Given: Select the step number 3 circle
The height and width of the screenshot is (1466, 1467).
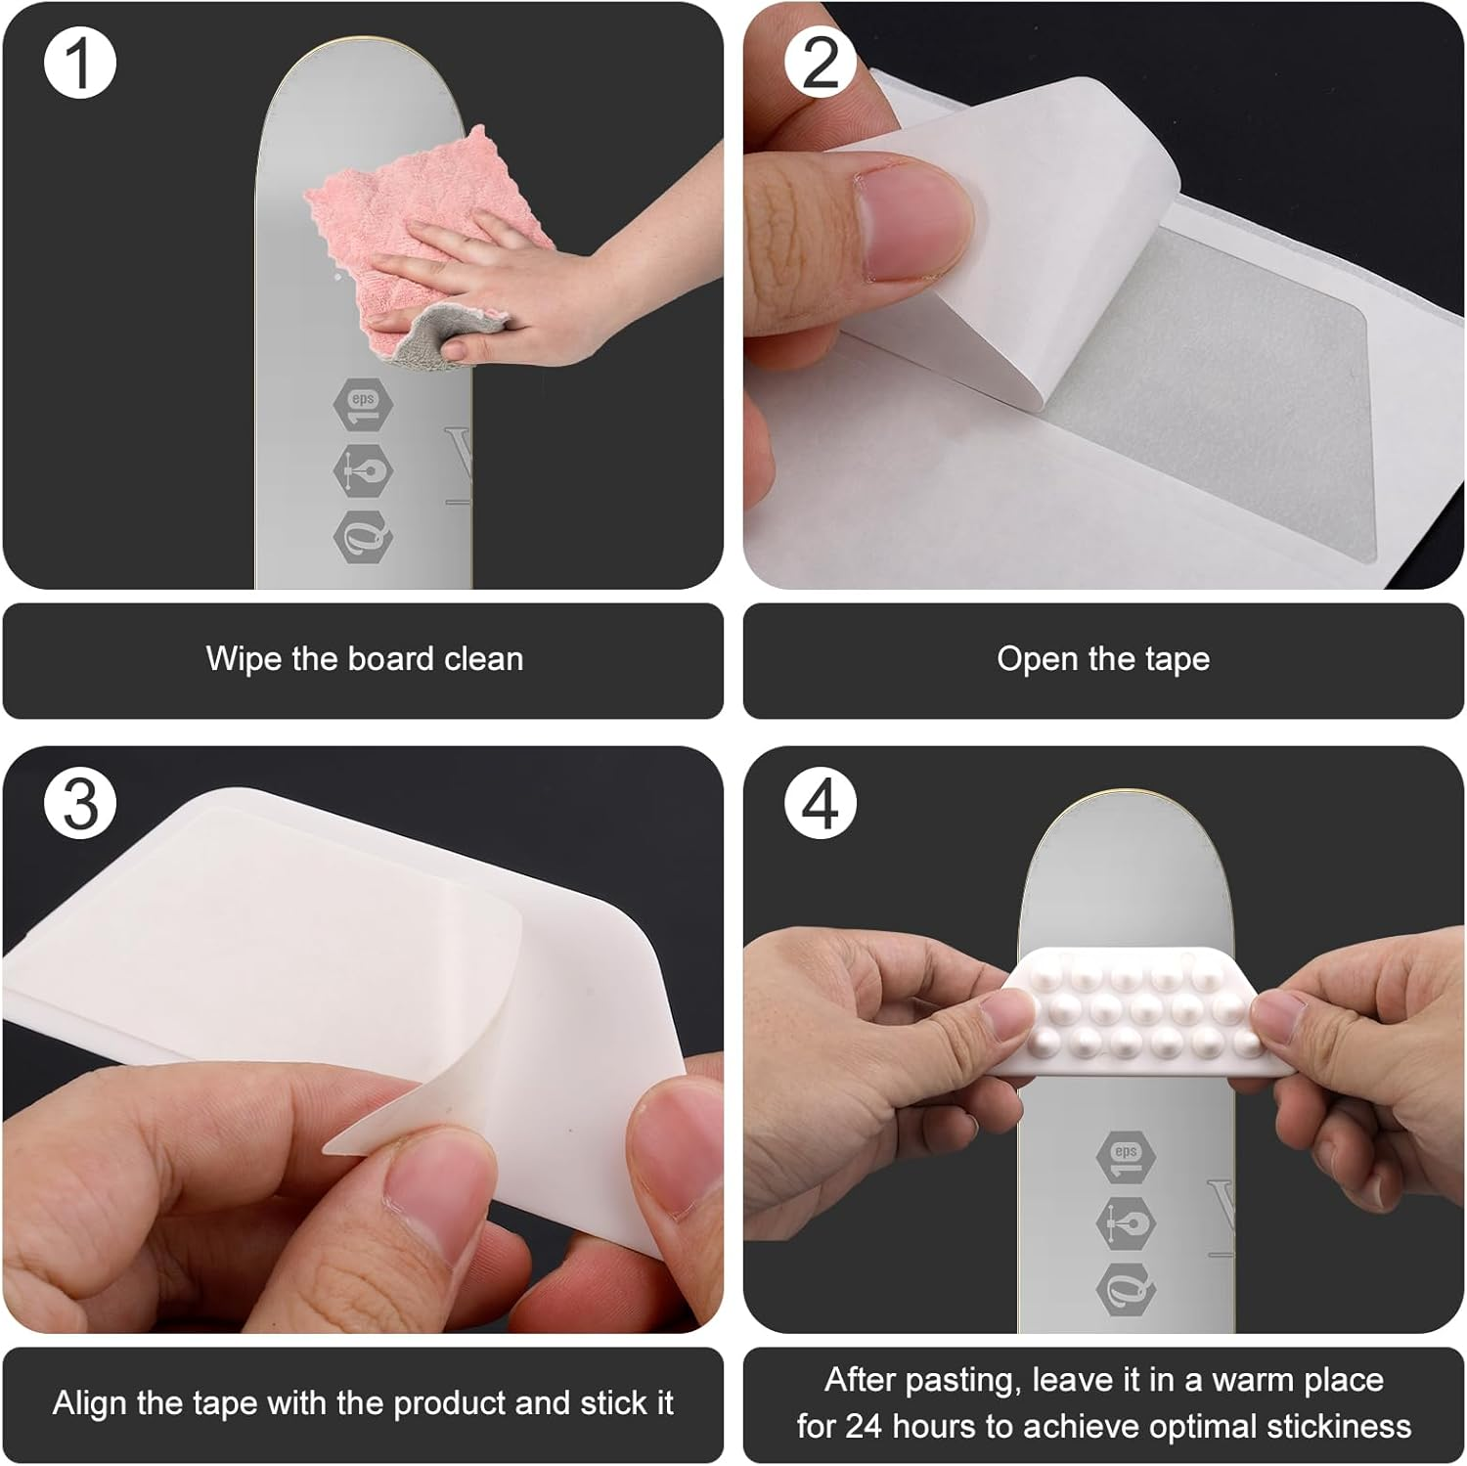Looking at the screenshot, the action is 80,804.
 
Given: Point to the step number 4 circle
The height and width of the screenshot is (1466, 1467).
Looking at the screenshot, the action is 821,804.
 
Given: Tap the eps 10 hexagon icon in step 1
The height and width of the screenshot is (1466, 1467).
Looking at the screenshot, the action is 363,403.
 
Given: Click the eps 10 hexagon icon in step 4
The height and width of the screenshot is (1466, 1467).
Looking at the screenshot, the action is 1126,1158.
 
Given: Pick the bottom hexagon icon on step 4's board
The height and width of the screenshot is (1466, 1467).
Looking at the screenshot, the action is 1126,1291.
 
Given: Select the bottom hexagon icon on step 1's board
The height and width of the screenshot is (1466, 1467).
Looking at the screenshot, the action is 363,537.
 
